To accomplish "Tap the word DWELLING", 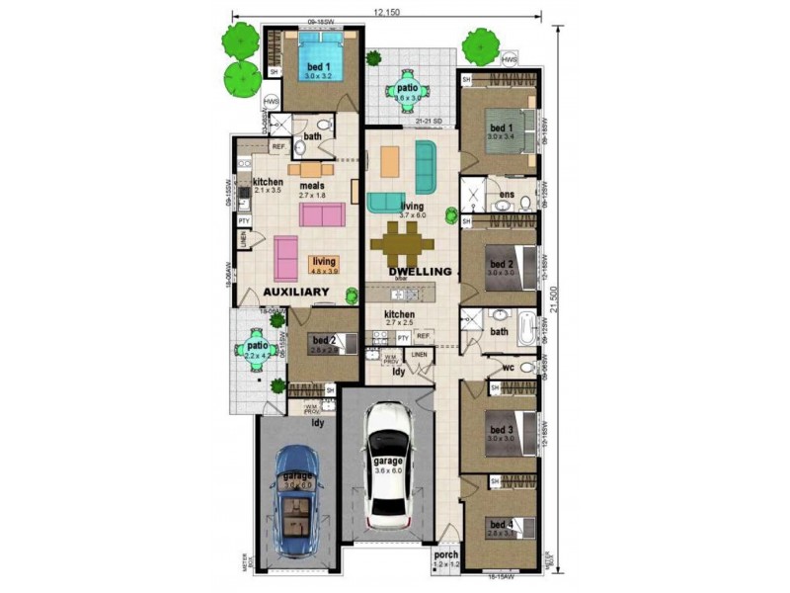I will (420, 271).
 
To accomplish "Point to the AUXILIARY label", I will (295, 293).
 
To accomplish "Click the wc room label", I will (510, 369).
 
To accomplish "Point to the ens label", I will (506, 195).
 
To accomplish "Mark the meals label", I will (312, 185).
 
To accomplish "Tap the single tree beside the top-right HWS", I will (481, 45).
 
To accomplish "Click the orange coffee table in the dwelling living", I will (390, 158).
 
